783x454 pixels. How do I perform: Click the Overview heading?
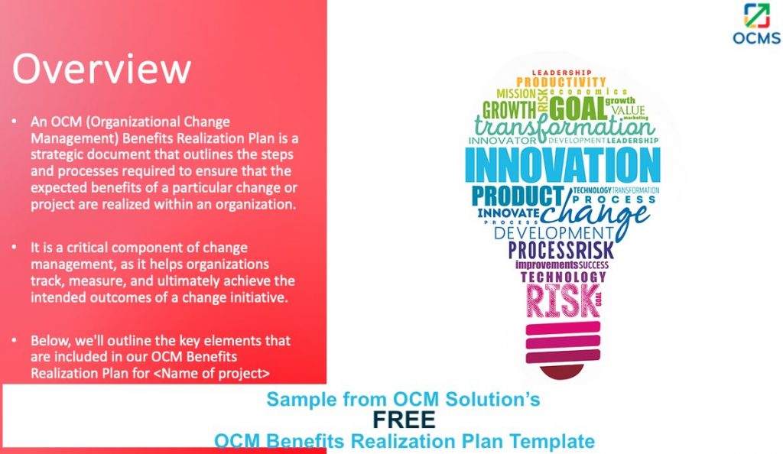pyautogui.click(x=102, y=69)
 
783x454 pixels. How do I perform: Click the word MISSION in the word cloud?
pyautogui.click(x=516, y=93)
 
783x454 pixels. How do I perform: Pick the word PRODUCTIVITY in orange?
pyautogui.click(x=560, y=82)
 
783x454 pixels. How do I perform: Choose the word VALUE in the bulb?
pyautogui.click(x=627, y=110)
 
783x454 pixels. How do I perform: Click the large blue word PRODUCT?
pyautogui.click(x=517, y=196)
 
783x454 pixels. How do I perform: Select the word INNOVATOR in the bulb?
pyautogui.click(x=503, y=141)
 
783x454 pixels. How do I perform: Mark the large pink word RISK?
pyautogui.click(x=562, y=301)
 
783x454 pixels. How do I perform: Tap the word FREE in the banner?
pyautogui.click(x=404, y=420)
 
